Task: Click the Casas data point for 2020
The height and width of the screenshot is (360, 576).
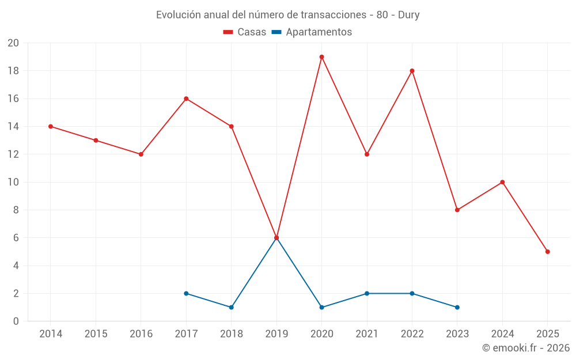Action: [x=321, y=57]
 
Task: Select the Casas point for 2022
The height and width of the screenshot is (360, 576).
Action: [x=412, y=71]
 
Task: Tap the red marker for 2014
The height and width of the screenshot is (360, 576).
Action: [x=51, y=127]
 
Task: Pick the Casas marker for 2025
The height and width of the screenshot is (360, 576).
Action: [x=547, y=252]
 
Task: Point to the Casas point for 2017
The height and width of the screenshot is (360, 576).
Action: [x=186, y=98]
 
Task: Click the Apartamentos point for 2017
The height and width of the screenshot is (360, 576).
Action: [x=186, y=293]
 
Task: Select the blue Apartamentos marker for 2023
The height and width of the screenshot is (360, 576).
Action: [x=457, y=307]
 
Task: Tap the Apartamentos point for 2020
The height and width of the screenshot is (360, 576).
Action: [x=321, y=307]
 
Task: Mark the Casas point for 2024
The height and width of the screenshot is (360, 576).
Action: [x=502, y=182]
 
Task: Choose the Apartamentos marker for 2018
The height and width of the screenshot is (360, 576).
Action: [x=231, y=307]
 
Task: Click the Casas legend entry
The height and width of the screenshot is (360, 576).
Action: [x=245, y=32]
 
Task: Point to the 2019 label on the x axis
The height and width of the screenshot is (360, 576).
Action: [x=276, y=334]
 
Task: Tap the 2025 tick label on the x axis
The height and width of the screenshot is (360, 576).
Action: [x=547, y=334]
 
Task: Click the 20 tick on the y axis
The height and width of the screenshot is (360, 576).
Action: [x=13, y=43]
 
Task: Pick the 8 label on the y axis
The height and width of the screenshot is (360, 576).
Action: [x=16, y=210]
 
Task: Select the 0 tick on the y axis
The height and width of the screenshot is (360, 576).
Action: [x=16, y=321]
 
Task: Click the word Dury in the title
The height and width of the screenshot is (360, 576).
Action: [x=408, y=15]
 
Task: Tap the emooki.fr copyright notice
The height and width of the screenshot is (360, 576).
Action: [x=526, y=348]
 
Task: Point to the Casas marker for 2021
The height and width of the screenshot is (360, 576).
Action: [x=367, y=154]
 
